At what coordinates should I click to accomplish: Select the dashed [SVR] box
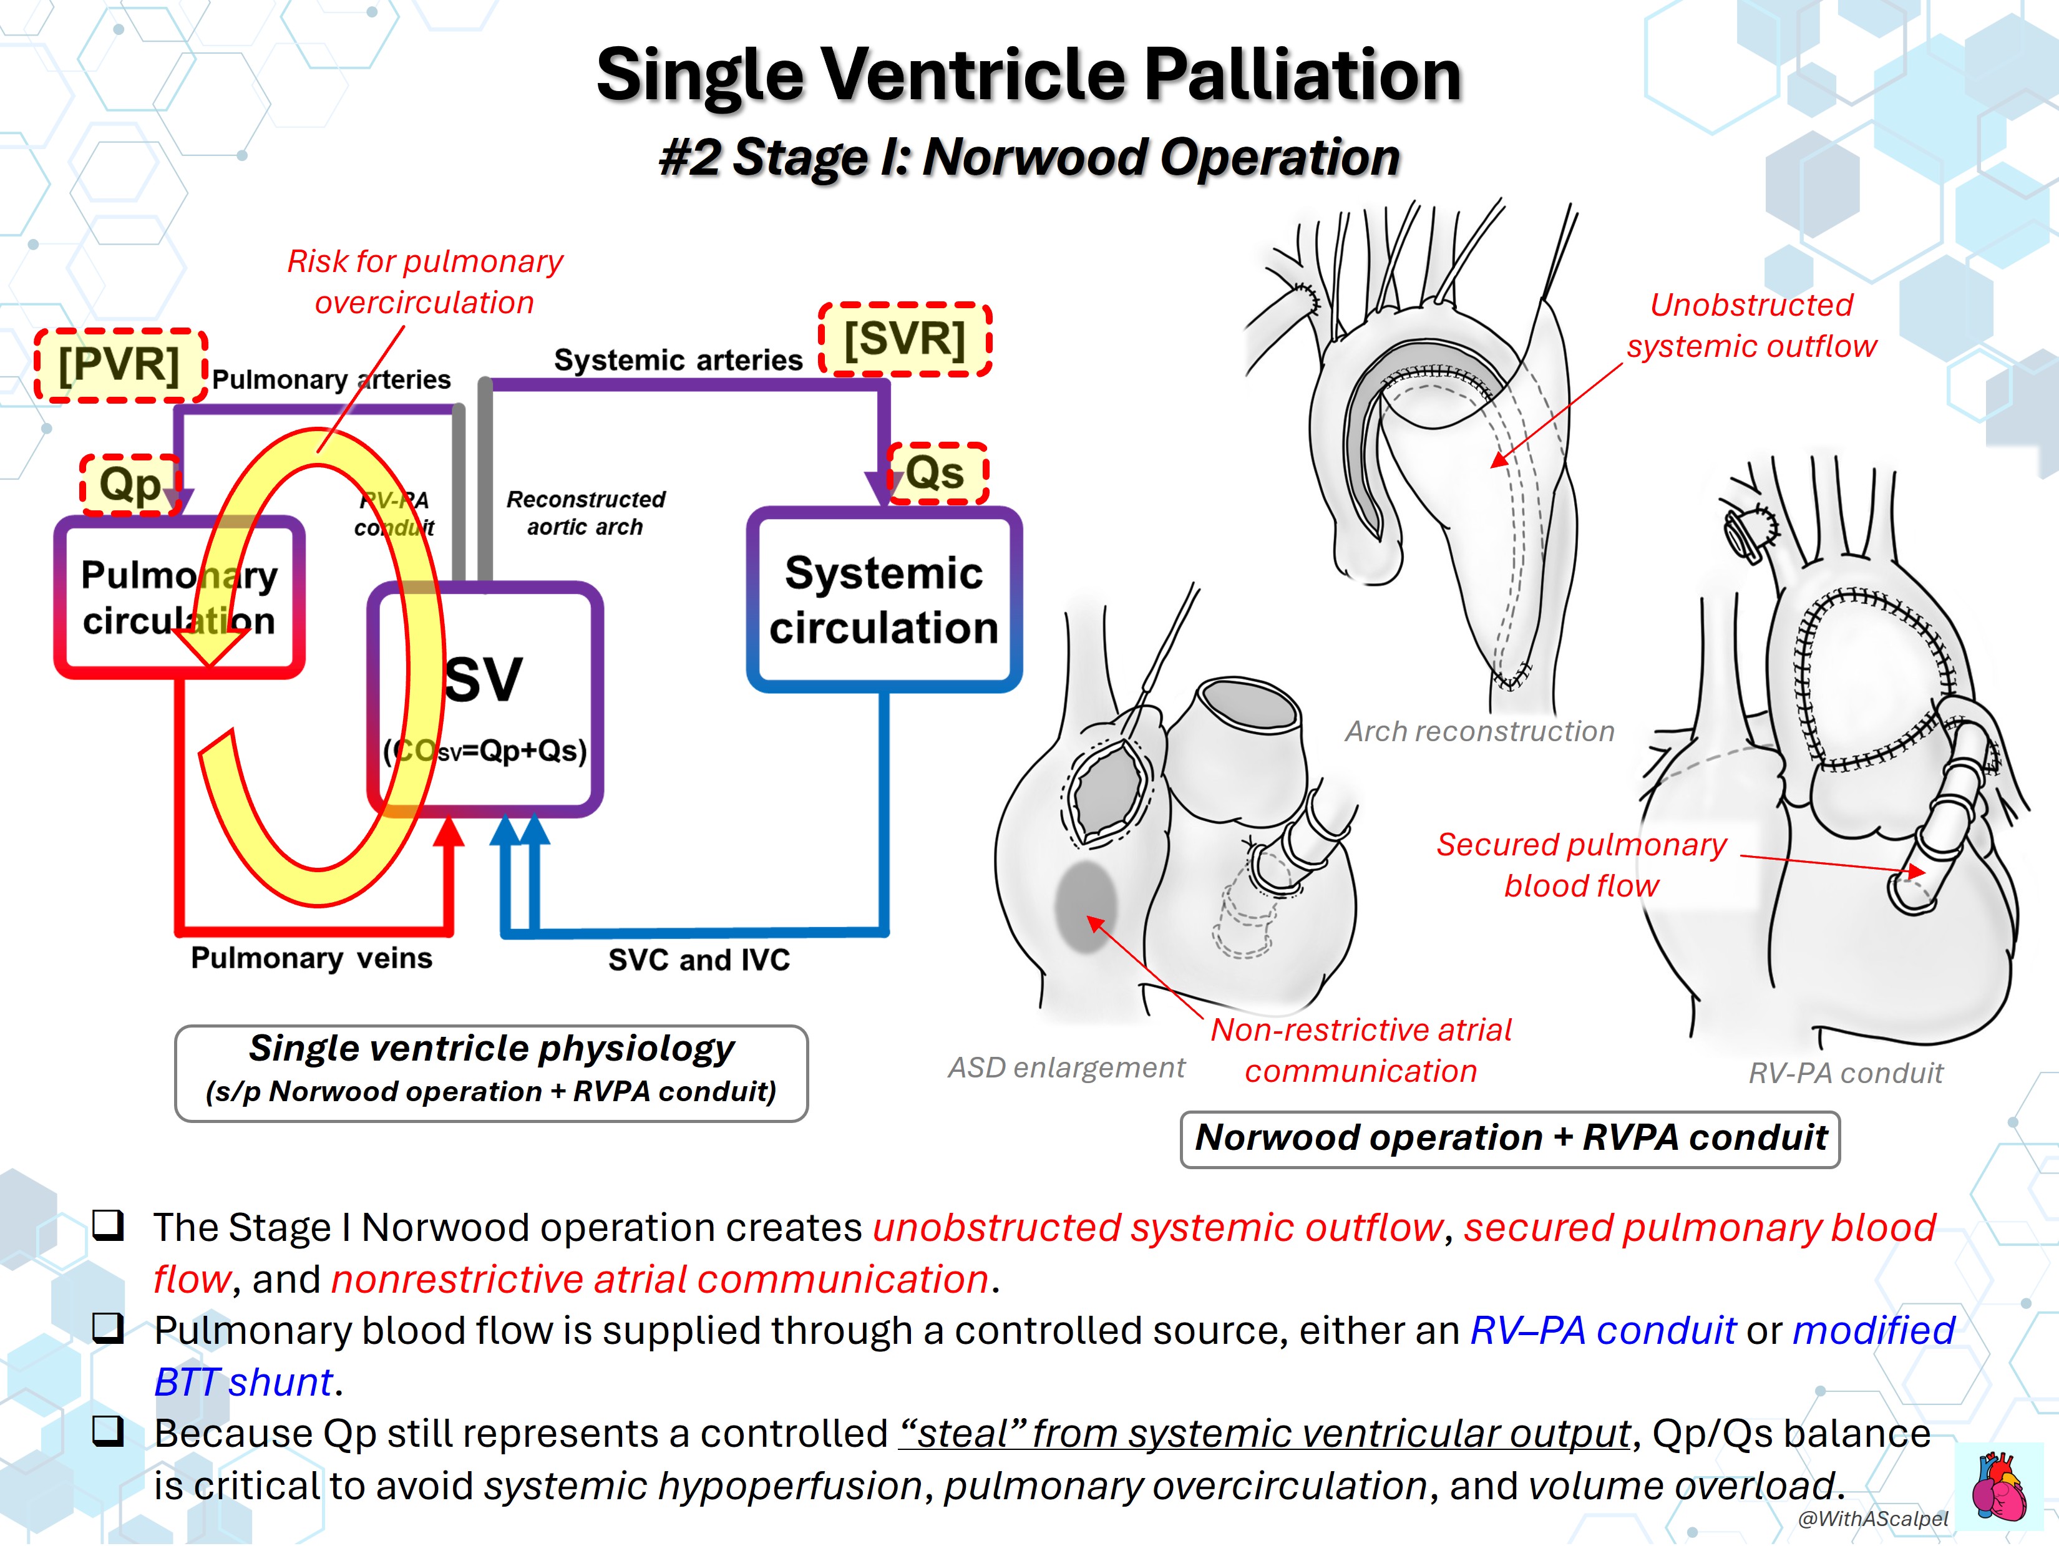point(905,339)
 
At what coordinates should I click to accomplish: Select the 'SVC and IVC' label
point(699,960)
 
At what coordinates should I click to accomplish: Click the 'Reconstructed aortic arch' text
point(585,513)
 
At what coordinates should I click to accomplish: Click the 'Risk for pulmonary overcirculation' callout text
point(424,281)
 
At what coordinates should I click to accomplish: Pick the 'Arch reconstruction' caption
point(1479,732)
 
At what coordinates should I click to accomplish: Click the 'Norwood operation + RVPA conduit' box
point(1510,1139)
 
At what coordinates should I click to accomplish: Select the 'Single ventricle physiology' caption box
point(492,1073)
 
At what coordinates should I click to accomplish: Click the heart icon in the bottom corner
point(1998,1487)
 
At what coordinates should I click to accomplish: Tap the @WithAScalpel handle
point(1873,1519)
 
